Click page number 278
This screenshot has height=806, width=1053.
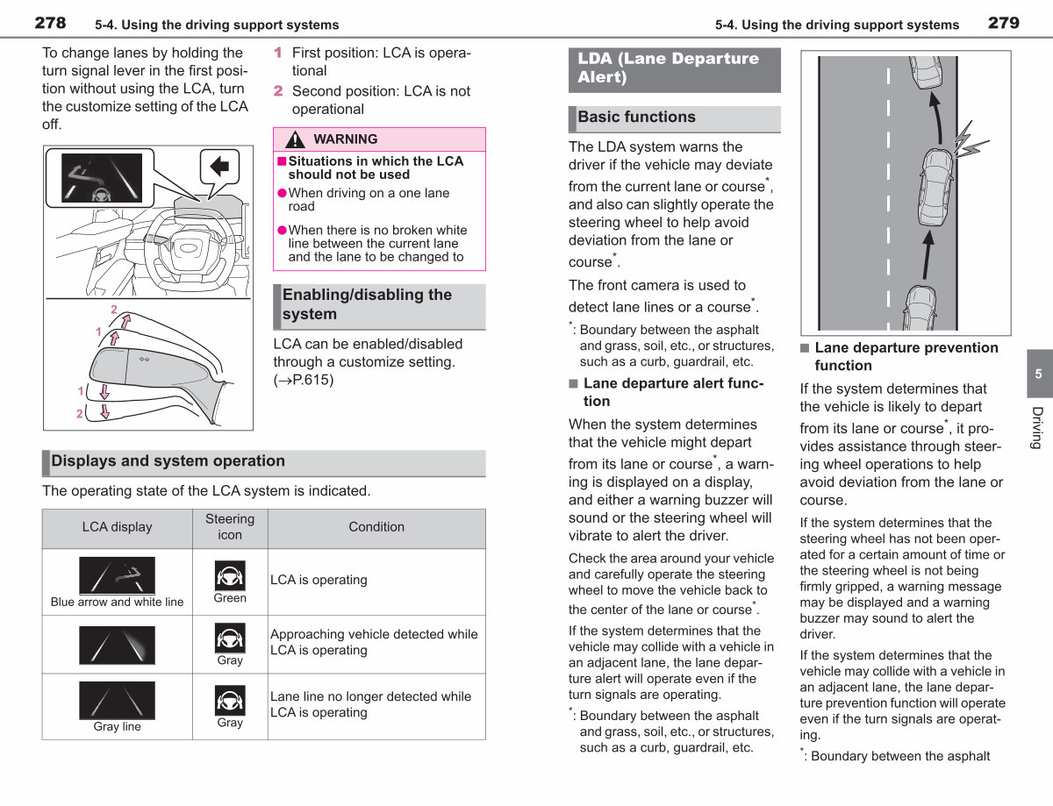(x=50, y=23)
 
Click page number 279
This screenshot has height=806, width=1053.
(x=1004, y=23)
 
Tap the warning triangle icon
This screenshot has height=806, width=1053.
(x=295, y=139)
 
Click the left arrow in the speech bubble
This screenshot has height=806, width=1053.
(x=219, y=166)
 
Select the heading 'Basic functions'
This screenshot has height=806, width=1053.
(x=636, y=117)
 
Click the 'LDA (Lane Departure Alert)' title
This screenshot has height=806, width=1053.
(x=668, y=68)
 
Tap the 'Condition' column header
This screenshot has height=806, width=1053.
(x=376, y=527)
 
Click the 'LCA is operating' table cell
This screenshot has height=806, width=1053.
(x=319, y=580)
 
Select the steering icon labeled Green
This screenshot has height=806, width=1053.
(x=230, y=575)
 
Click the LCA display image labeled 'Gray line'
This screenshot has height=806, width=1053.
(x=117, y=700)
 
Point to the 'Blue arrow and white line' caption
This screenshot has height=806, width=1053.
(x=117, y=602)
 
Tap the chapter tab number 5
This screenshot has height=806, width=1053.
(x=1038, y=374)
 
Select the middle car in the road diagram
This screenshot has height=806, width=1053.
(x=936, y=188)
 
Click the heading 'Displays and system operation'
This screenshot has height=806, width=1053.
(x=168, y=460)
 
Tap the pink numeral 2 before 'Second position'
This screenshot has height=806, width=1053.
(x=278, y=91)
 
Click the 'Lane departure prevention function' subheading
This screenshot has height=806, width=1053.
(x=906, y=356)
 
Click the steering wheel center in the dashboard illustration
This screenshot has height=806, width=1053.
(x=188, y=249)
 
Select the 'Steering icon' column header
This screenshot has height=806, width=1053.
(x=230, y=527)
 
